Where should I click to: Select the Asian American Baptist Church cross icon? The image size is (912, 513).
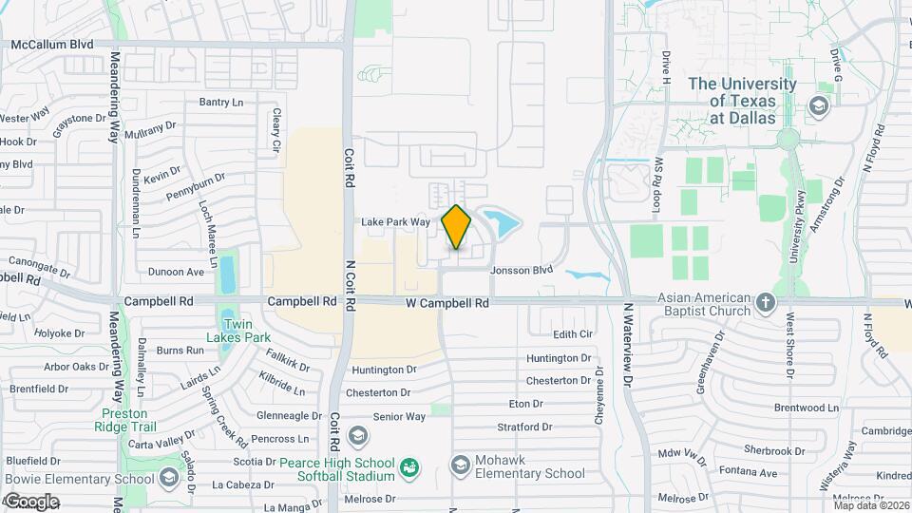pyautogui.click(x=767, y=304)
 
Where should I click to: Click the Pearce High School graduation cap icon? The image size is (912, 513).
pyautogui.click(x=358, y=436)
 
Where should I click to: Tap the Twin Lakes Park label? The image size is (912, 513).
pyautogui.click(x=239, y=331)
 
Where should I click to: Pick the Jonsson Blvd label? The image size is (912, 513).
pyautogui.click(x=522, y=270)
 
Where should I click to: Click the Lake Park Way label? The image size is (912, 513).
pyautogui.click(x=395, y=222)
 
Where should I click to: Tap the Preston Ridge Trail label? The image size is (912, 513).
pyautogui.click(x=124, y=420)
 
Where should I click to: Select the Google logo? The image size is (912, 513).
pyautogui.click(x=31, y=501)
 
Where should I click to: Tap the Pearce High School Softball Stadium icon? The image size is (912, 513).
pyautogui.click(x=409, y=467)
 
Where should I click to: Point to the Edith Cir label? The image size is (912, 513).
pyautogui.click(x=573, y=334)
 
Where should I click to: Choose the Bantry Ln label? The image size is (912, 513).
pyautogui.click(x=221, y=102)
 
